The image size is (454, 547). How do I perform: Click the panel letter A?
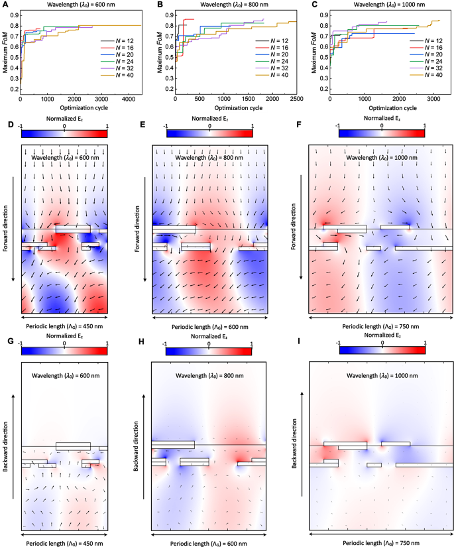click(x=6, y=5)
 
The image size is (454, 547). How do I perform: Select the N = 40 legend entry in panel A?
click(x=117, y=76)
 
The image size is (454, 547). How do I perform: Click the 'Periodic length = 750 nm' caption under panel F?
click(x=380, y=326)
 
